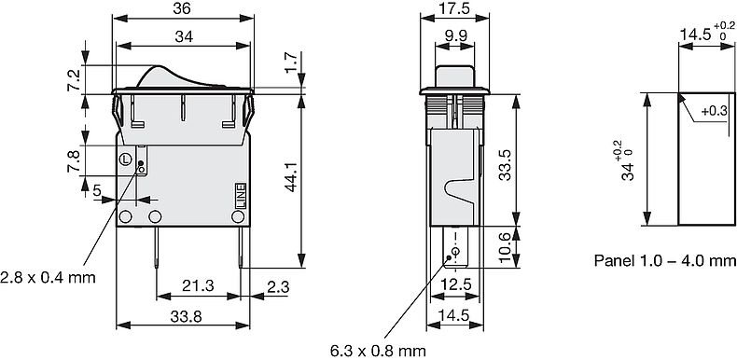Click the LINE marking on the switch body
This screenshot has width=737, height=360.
click(239, 194)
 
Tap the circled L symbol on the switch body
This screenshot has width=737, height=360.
click(125, 158)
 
